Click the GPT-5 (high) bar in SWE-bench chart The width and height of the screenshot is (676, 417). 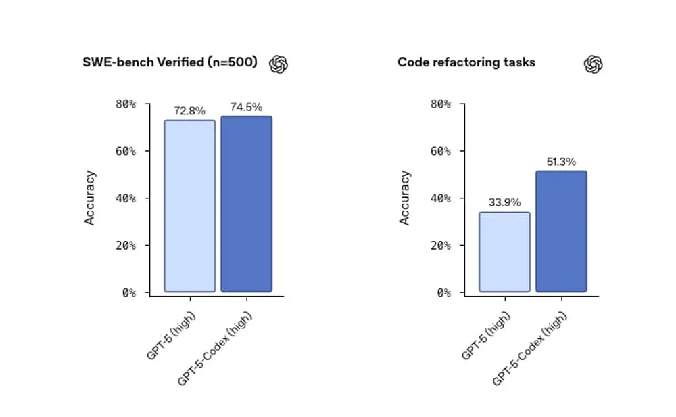tap(190, 206)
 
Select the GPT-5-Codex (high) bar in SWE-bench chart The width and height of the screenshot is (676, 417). tap(246, 204)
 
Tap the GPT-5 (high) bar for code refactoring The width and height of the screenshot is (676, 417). tap(504, 252)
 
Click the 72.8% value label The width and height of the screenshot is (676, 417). tap(189, 110)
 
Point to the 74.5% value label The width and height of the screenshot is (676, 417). tap(246, 107)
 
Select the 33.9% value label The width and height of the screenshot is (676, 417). tap(504, 202)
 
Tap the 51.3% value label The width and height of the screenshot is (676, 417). tap(561, 162)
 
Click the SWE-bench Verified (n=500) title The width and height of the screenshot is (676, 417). tap(170, 62)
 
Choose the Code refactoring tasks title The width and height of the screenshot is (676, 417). tap(466, 62)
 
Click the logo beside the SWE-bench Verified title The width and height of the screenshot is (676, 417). tap(279, 64)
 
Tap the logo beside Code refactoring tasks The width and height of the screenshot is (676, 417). tap(593, 64)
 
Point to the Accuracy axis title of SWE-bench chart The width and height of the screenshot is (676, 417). tap(90, 198)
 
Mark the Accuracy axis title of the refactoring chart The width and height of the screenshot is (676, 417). tap(405, 198)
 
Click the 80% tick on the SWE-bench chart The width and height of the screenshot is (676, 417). tap(124, 104)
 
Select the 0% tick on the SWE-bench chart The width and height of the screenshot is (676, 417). tap(128, 293)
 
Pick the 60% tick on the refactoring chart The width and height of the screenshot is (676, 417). tap(440, 151)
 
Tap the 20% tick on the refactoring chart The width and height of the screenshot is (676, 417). tap(440, 246)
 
